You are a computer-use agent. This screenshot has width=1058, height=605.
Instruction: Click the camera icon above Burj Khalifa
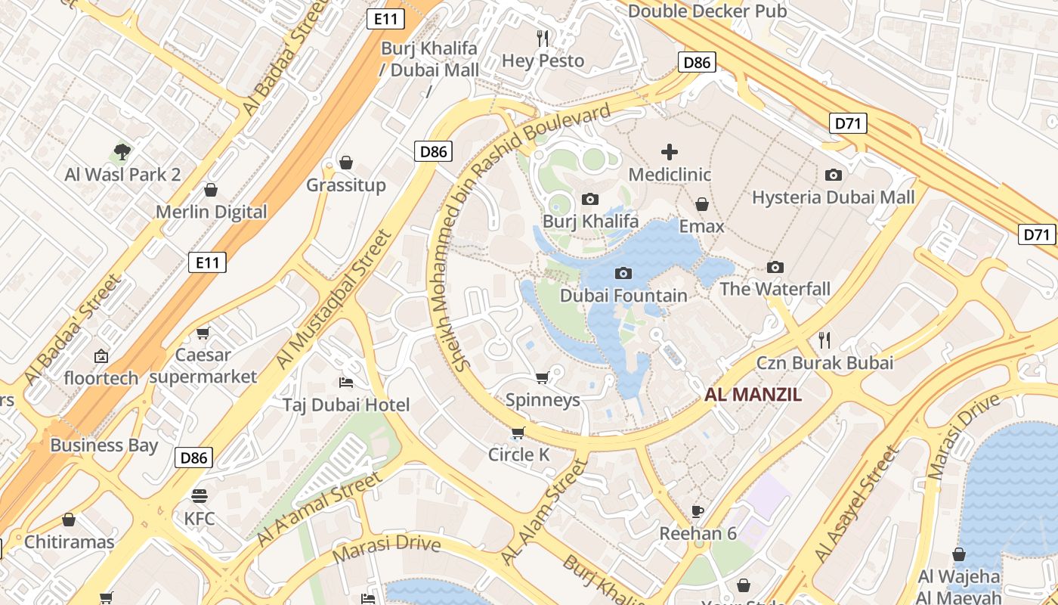(590, 199)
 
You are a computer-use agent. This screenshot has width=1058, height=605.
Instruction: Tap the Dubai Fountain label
(623, 295)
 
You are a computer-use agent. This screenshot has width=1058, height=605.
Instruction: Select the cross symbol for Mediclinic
(670, 152)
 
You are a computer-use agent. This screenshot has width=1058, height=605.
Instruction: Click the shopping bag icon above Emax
(702, 204)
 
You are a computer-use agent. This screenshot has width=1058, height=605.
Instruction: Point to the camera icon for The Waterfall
(775, 267)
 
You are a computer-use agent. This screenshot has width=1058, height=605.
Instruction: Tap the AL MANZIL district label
(753, 394)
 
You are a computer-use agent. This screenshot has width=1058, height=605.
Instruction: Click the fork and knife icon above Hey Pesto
(543, 38)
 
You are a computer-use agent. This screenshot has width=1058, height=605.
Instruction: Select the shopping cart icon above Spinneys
(542, 377)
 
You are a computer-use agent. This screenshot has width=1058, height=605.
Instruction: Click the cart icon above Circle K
(518, 433)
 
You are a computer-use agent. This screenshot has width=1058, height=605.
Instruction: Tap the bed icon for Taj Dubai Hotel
(346, 382)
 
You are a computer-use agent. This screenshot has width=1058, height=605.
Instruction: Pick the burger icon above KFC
(200, 496)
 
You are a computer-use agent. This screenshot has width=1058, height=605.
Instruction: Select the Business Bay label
(104, 445)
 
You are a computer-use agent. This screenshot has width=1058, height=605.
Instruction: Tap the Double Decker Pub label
(707, 11)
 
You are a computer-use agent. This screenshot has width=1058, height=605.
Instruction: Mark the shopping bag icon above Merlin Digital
(211, 189)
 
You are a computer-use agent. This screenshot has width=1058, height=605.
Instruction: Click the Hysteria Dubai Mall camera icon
(833, 175)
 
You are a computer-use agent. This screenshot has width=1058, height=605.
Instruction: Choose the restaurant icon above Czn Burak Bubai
(824, 340)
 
